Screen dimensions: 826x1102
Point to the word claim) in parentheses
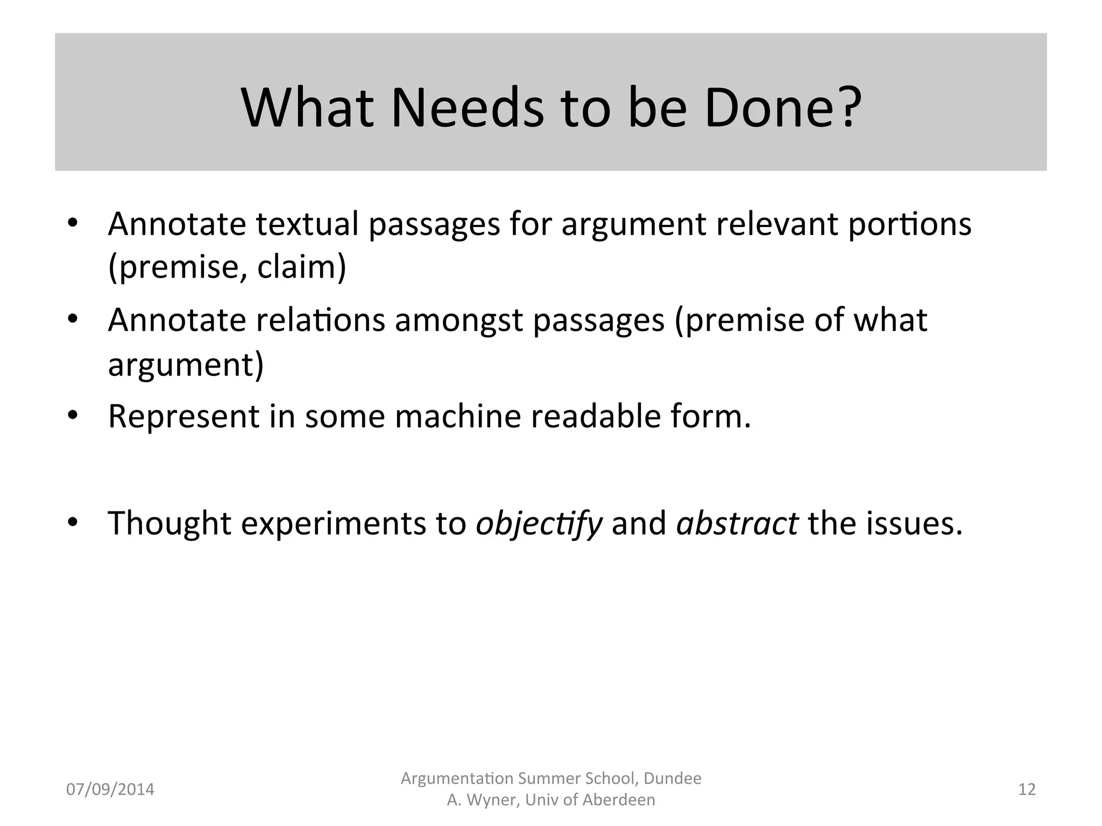(301, 267)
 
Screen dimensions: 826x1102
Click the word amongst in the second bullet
(458, 321)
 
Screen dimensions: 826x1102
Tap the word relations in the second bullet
(321, 321)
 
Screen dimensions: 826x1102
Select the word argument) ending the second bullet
(186, 365)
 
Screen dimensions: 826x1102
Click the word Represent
(183, 417)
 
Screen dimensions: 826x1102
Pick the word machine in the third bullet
(458, 417)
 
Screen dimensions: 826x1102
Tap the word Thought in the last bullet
(169, 523)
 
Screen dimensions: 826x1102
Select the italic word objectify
(539, 524)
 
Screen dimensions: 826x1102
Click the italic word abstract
(737, 523)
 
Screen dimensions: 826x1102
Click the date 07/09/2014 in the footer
(110, 789)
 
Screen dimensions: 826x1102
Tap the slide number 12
(1027, 789)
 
